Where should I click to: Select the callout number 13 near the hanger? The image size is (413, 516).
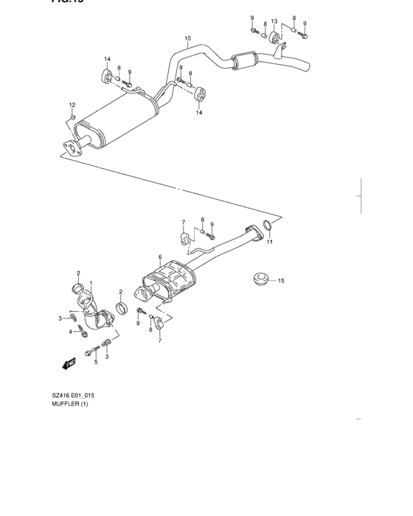click(x=274, y=21)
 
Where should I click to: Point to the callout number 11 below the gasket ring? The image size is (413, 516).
click(x=270, y=242)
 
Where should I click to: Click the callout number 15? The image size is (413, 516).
click(x=281, y=280)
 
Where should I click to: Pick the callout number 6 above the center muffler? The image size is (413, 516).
click(x=159, y=257)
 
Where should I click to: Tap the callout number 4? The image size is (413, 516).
click(x=72, y=332)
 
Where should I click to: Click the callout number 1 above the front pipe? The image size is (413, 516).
click(x=91, y=283)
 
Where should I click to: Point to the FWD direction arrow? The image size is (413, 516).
click(x=69, y=363)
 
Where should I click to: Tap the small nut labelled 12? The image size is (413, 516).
click(x=73, y=116)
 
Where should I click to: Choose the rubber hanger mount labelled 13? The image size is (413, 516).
click(x=269, y=38)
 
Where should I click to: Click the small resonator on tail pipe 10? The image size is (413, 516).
click(x=243, y=60)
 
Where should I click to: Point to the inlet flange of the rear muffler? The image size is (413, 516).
click(x=71, y=147)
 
